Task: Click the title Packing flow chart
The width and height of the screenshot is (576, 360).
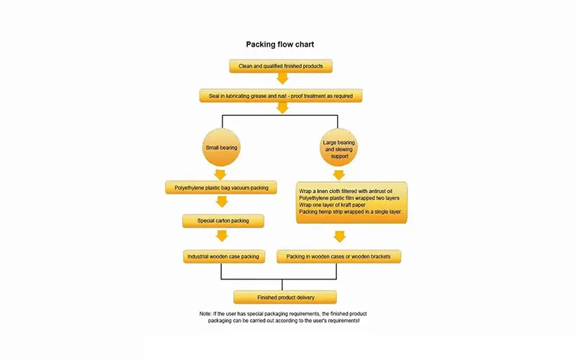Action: click(x=280, y=45)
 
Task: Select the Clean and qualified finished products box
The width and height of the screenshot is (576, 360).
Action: click(x=281, y=66)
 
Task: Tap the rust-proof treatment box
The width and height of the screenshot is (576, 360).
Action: click(x=281, y=96)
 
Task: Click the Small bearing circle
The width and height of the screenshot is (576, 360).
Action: click(x=221, y=148)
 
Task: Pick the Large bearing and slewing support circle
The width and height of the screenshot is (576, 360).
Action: click(x=338, y=148)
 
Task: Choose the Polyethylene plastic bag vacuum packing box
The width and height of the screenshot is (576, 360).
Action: click(x=221, y=187)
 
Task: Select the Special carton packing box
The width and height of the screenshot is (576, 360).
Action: click(x=223, y=221)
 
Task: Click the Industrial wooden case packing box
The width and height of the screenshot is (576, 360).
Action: click(x=224, y=256)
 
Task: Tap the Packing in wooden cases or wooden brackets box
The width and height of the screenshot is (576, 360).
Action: click(x=338, y=256)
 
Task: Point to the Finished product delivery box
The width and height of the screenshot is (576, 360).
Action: click(x=285, y=297)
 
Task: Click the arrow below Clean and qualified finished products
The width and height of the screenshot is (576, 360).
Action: click(x=282, y=78)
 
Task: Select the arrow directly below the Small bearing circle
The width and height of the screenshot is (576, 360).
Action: click(x=220, y=174)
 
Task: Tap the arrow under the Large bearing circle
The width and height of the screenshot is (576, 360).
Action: click(x=338, y=175)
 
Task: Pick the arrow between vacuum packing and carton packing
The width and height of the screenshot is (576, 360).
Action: click(x=222, y=202)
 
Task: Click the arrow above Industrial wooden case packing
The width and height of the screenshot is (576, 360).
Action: click(x=222, y=236)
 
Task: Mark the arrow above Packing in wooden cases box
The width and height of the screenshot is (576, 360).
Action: click(x=339, y=237)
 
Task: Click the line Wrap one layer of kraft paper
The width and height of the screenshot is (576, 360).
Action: click(x=332, y=205)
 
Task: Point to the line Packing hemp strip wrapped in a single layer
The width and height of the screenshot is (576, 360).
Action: click(x=350, y=212)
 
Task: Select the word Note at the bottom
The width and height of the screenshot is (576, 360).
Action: click(x=206, y=314)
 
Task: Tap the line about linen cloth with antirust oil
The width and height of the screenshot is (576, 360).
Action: click(x=346, y=192)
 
